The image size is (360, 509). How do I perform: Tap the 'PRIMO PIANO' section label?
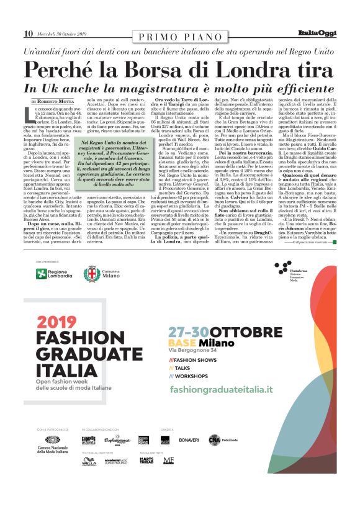pos(179,37)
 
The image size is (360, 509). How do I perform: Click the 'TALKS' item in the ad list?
pos(184,367)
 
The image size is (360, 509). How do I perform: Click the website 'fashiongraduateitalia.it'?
pos(229,389)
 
